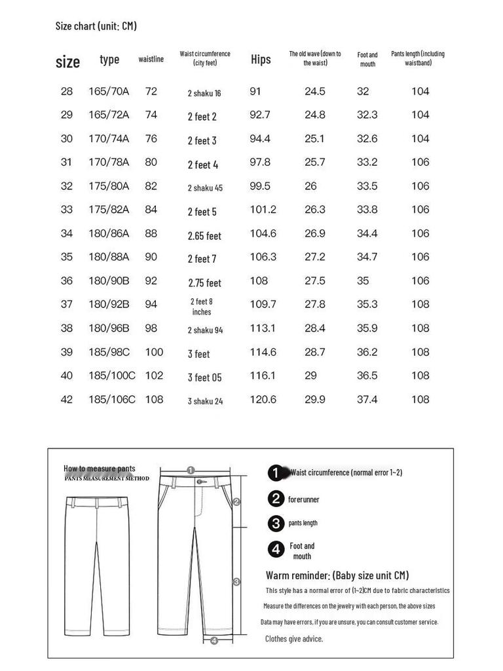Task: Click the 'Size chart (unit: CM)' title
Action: coord(96,26)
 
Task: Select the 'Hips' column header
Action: coord(261,60)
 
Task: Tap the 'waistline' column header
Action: coord(151,60)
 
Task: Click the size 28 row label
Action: coord(67,91)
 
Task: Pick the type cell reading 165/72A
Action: coord(109,115)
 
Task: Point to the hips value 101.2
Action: coord(263,210)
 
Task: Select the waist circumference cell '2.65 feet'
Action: coord(204,236)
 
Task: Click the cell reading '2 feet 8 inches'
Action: coord(202,307)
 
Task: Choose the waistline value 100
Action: coord(154,352)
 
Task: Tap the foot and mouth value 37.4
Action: coord(367,399)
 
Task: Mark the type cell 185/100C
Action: coord(112,375)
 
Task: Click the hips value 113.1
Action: coord(263,328)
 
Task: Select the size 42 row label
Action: coord(67,399)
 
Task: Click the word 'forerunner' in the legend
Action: coord(304,499)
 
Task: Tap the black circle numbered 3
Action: coord(276,523)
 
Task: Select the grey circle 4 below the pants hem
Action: coord(214,641)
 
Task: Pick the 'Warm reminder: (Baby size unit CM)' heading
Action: coord(337,575)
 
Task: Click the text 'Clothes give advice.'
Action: coord(293,638)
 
